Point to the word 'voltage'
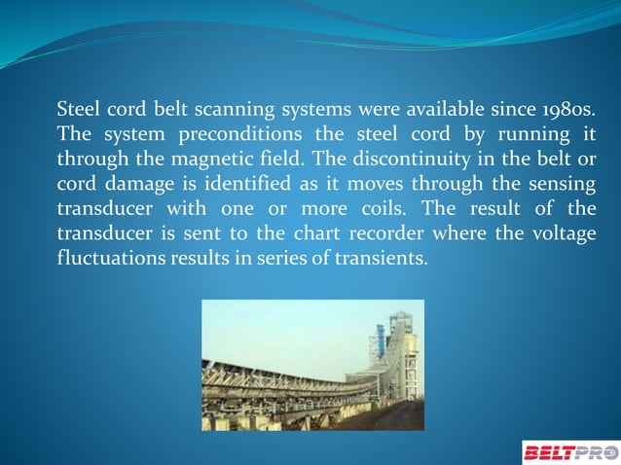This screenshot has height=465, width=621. click(562, 234)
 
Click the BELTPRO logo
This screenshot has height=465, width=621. click(569, 451)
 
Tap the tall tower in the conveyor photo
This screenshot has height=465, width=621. click(398, 340)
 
